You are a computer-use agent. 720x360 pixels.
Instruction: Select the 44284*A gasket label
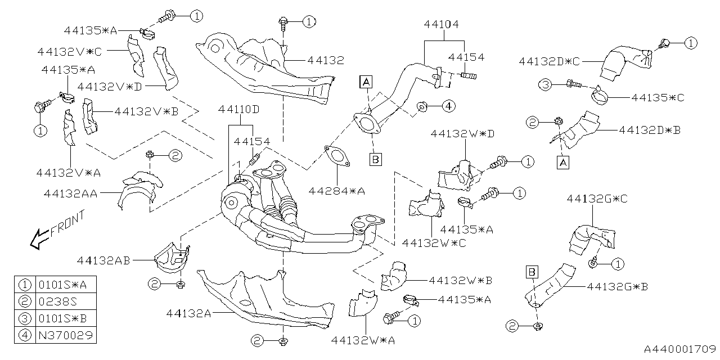pos(336,191)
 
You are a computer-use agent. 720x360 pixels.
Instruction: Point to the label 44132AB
pos(104,260)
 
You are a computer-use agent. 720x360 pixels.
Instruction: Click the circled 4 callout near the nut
pos(447,105)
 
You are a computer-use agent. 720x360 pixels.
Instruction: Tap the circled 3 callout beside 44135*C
pos(545,84)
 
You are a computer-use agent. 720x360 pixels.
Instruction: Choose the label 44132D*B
pos(650,129)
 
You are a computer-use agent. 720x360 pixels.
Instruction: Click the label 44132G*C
pos(597,199)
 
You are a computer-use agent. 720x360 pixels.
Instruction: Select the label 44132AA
pos(70,193)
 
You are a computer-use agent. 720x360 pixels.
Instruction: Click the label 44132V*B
pos(146,111)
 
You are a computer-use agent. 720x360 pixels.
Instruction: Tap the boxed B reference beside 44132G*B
pos(530,272)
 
